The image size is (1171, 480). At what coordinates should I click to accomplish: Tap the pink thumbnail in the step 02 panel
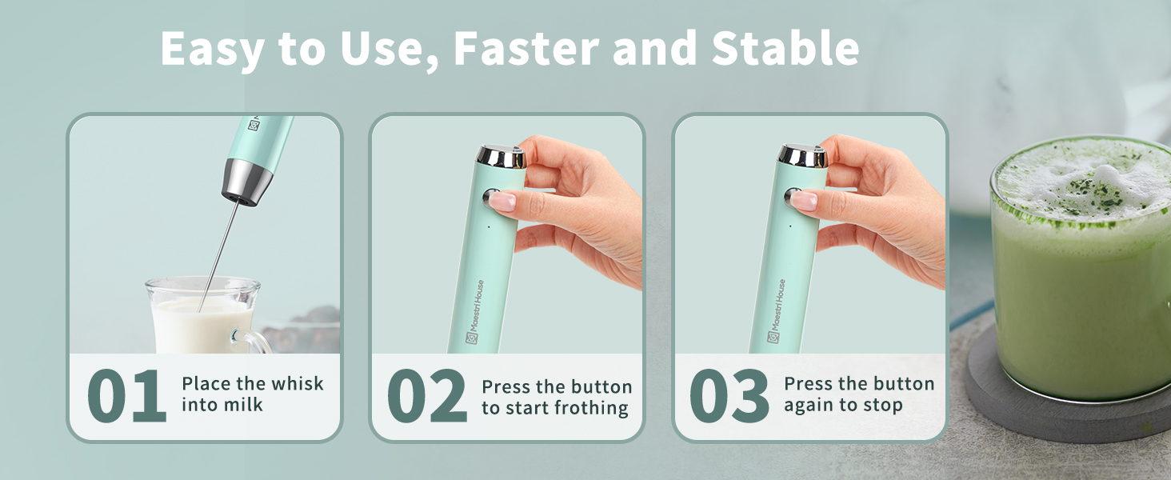coord(502,200)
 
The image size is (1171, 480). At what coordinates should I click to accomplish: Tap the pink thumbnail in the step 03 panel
coord(804,200)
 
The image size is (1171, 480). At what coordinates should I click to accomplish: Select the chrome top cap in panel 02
coord(502,156)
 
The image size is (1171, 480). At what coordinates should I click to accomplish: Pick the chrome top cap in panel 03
coord(803,156)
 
